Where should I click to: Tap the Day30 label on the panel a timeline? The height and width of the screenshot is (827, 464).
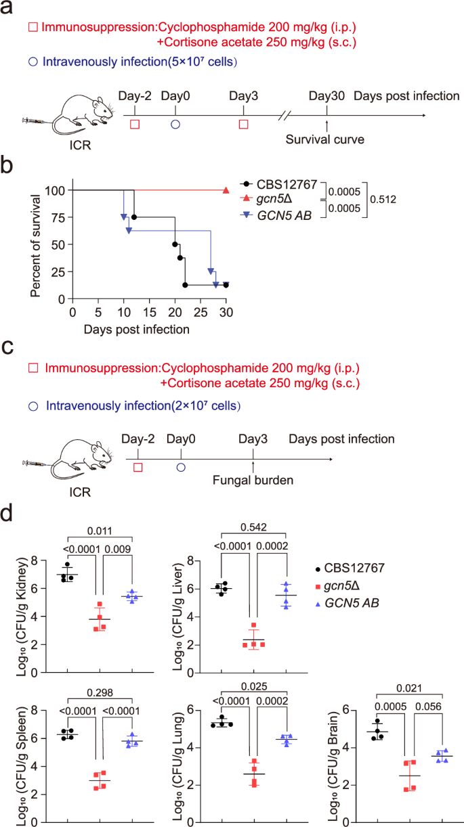point(326,96)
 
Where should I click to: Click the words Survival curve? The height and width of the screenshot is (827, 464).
point(324,140)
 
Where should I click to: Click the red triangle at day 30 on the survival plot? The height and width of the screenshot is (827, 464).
point(226,190)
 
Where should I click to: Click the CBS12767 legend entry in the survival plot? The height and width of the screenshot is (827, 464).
point(282,183)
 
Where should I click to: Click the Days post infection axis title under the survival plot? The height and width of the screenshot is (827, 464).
point(137,330)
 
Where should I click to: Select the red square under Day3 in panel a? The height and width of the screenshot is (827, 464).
point(244,125)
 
